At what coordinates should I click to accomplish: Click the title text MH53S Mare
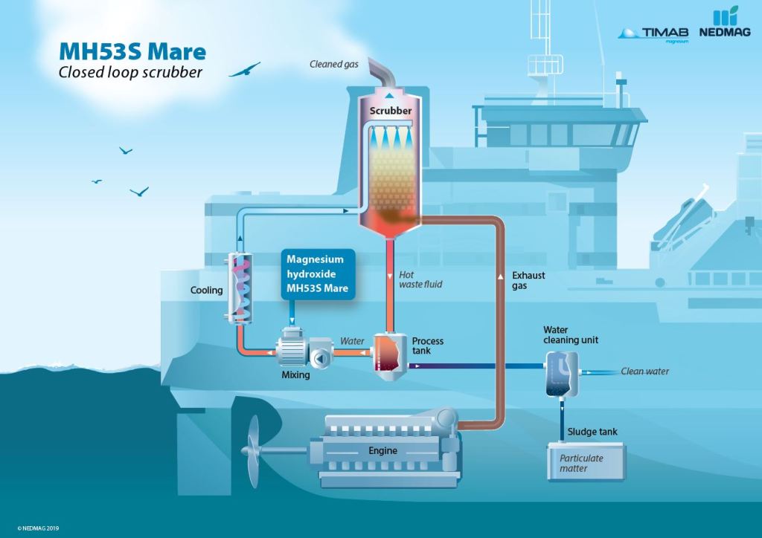[132, 52]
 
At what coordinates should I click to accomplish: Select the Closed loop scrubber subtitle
[130, 73]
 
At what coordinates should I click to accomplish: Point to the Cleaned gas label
[333, 65]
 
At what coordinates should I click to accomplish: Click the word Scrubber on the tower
[391, 111]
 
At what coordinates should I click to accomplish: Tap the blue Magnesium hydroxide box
[318, 273]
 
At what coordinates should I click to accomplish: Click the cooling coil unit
[240, 287]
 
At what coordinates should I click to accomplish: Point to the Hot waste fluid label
[421, 279]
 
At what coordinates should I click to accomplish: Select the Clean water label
[644, 372]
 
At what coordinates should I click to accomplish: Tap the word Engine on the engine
[383, 451]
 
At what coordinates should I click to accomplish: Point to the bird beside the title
[244, 70]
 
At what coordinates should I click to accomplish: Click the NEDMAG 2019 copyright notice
[33, 528]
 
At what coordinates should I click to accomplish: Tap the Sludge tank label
[592, 432]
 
